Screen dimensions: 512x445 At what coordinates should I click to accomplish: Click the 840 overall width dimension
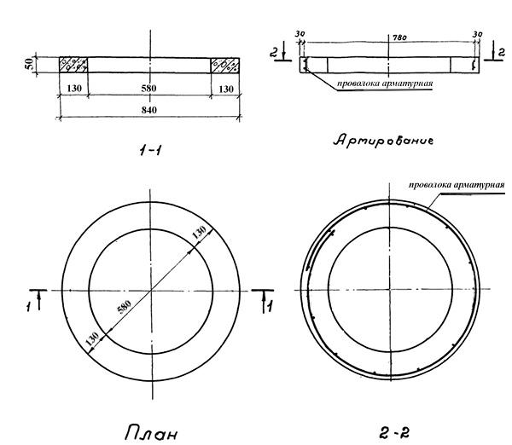tap(148, 110)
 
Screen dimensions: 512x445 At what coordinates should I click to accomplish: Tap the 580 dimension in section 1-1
tap(148, 89)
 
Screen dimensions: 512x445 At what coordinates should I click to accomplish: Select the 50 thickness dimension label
tap(29, 64)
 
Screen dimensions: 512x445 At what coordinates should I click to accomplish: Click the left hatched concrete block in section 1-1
tap(73, 65)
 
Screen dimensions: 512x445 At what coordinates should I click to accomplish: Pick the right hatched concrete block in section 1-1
tap(225, 65)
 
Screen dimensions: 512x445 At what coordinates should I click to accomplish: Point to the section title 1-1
tap(150, 150)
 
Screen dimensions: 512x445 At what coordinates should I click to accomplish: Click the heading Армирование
tap(383, 141)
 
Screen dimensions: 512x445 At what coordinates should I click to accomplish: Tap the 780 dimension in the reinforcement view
tap(399, 38)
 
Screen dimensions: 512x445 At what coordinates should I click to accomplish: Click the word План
tap(151, 432)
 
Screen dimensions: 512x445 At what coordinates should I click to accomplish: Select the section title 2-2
tap(394, 433)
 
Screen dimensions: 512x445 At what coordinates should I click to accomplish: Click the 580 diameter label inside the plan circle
tap(125, 307)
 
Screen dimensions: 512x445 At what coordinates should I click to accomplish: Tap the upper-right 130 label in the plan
tap(199, 232)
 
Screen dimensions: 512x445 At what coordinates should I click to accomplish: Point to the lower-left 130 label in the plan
tap(92, 339)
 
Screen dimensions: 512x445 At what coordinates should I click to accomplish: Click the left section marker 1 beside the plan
tap(29, 307)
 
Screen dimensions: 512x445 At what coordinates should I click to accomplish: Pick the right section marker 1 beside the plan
tap(270, 307)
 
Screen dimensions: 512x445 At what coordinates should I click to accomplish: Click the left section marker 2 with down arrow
tap(274, 52)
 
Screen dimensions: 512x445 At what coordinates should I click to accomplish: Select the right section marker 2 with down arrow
tap(502, 52)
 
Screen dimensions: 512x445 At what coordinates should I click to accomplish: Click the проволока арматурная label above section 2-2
tap(457, 185)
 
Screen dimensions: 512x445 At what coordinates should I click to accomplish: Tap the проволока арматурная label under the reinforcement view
tap(385, 84)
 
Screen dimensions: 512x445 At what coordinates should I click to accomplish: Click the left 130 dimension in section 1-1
tap(74, 89)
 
